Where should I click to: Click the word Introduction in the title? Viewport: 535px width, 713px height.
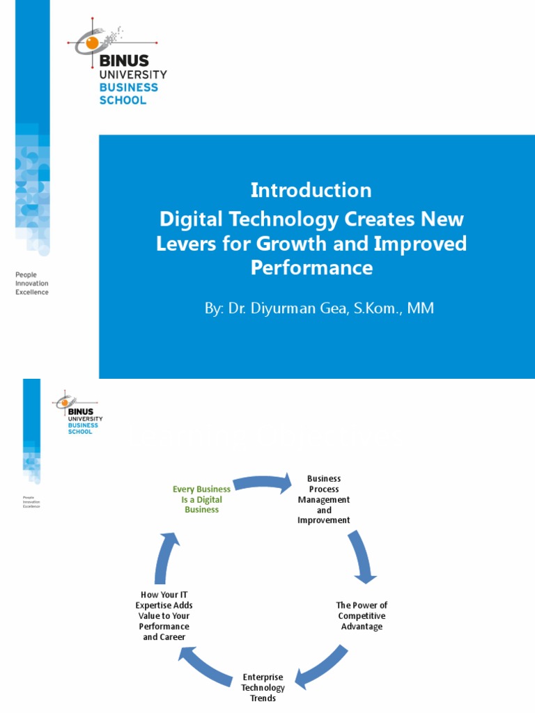pos(311,190)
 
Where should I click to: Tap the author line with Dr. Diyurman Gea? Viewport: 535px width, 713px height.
pos(319,308)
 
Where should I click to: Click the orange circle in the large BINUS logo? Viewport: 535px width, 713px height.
pos(93,43)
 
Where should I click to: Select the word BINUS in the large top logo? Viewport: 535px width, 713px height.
pos(124,61)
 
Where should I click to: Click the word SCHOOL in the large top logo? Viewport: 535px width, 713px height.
pos(123,100)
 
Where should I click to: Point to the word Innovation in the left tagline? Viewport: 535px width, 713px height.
pos(32,283)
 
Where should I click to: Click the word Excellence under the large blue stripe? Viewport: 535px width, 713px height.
pos(32,292)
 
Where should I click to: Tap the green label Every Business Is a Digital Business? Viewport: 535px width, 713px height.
pos(201,499)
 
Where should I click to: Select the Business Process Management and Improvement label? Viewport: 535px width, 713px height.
pos(324,499)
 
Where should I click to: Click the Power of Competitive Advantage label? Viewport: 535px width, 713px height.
pos(362,616)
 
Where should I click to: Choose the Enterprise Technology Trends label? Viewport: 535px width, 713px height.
pos(263,687)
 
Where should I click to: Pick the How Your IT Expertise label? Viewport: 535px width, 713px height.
pos(164,616)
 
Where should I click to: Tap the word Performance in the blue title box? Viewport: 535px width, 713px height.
pos(311,268)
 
